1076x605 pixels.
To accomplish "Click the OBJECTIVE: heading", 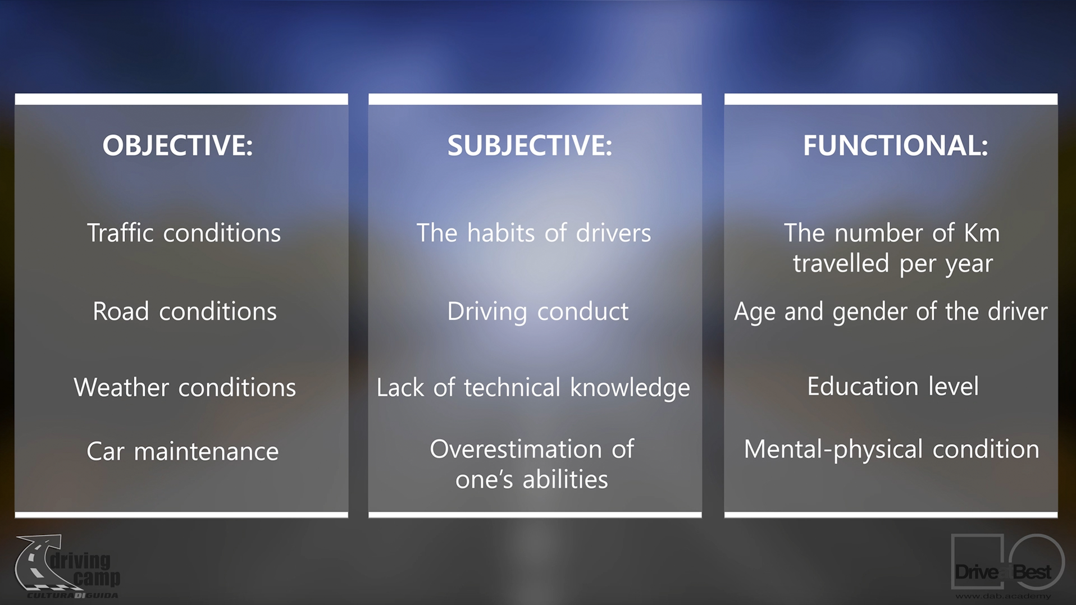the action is [177, 145].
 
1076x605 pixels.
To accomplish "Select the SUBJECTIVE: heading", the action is [530, 145].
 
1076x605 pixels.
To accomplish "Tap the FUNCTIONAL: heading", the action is [895, 145].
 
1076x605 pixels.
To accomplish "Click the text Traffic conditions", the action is [184, 233].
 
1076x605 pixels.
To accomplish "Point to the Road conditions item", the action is [185, 311].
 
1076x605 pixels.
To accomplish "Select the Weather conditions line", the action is [185, 387].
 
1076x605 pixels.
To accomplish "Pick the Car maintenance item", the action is [183, 451].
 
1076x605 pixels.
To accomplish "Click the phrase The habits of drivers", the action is [534, 233].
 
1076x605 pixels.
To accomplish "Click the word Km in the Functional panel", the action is [982, 233].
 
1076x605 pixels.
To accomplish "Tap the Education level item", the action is [893, 386].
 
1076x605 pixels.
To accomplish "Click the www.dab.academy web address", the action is [1003, 596].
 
